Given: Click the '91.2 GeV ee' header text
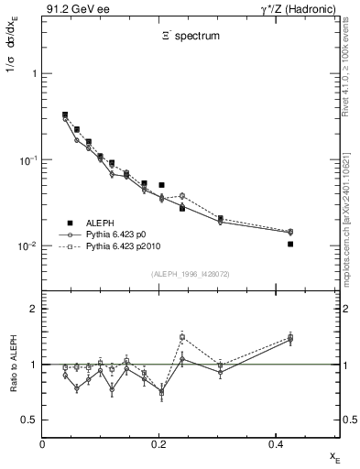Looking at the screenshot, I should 71,8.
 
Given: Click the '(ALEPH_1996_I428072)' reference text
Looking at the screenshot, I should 191,274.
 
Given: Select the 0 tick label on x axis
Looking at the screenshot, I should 42,444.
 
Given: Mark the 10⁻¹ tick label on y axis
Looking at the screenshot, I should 27,160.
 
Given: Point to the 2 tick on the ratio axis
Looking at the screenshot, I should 33,310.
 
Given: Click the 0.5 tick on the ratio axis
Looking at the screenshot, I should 30,420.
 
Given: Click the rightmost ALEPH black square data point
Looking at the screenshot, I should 290,244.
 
